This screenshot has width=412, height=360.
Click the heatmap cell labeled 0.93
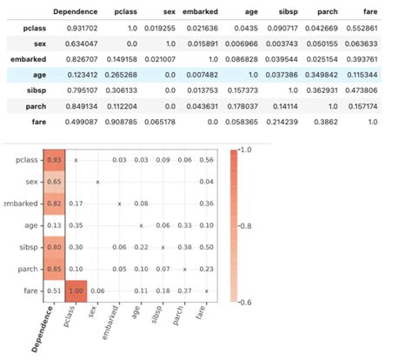54,161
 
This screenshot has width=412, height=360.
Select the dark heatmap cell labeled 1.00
76,291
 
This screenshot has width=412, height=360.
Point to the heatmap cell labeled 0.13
54,226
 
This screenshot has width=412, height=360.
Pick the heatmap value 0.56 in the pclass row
206,161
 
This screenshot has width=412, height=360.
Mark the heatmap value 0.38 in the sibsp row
184,248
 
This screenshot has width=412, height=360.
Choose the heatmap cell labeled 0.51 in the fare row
54,291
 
